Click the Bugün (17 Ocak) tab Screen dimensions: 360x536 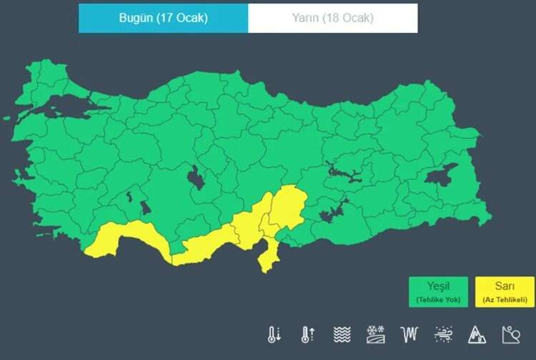tap(164, 18)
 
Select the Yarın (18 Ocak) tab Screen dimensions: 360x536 tap(332, 18)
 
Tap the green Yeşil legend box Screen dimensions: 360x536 tap(439, 292)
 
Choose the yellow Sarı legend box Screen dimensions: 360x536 tap(504, 292)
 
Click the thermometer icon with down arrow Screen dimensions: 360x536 tap(274, 334)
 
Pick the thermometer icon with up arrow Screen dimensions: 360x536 tap(308, 334)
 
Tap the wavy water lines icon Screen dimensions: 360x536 tap(342, 334)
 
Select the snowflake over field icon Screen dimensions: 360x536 tap(376, 334)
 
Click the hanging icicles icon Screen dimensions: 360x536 tap(410, 334)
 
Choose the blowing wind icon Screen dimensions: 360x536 tap(443, 334)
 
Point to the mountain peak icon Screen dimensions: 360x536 tap(477, 334)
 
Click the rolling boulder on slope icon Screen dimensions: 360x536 tap(511, 334)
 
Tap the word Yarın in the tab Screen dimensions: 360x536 tap(306, 18)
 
